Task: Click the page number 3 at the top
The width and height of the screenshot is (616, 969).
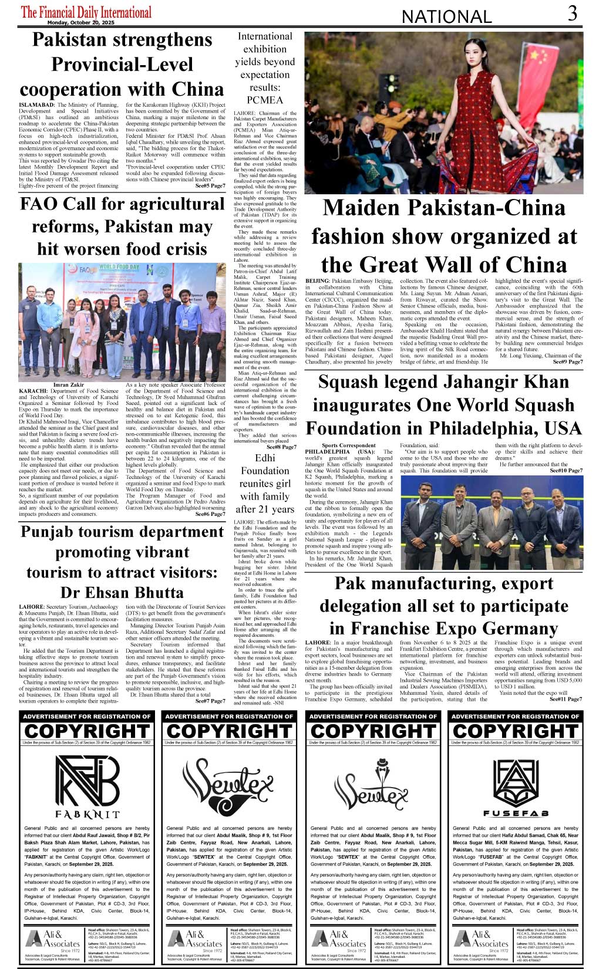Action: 572,13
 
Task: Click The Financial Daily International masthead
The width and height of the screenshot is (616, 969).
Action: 86,12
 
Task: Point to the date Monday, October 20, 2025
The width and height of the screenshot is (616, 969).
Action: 81,22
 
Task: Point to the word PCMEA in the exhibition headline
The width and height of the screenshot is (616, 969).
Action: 265,100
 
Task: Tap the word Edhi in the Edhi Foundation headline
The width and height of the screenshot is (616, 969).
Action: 265,458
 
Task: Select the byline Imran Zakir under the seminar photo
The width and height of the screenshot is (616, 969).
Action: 69,385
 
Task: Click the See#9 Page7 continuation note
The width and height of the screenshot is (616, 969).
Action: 568,362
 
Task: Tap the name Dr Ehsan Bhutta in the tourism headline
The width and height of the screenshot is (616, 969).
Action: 122,592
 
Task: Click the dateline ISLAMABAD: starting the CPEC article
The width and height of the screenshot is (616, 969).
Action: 38,105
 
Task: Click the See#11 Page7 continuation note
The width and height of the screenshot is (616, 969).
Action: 565,699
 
